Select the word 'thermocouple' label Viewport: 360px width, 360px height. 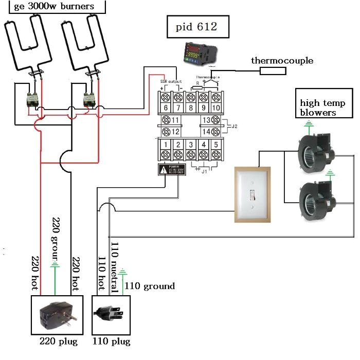click(x=282, y=61)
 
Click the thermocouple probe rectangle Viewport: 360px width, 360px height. click(x=273, y=70)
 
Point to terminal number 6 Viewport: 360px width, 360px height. click(x=166, y=101)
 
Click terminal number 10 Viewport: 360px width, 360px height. click(x=217, y=101)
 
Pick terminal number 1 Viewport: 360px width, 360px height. click(x=166, y=150)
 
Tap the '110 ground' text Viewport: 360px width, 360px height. click(x=149, y=286)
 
